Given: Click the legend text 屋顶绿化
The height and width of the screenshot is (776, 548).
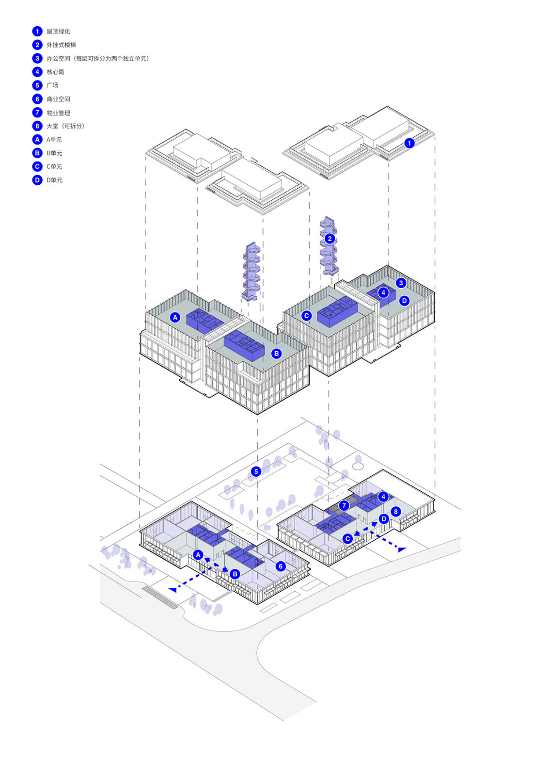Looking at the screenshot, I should [x=58, y=32].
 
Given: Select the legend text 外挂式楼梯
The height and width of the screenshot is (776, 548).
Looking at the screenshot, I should [x=61, y=45].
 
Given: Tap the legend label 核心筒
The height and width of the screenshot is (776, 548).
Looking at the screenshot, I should [x=55, y=72].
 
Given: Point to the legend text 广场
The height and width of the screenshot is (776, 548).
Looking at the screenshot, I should [x=52, y=85].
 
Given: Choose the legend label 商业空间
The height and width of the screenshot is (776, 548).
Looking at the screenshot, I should [x=58, y=99].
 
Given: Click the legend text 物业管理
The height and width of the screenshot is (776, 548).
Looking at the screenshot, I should [x=58, y=113].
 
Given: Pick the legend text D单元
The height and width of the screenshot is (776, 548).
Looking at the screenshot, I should [x=54, y=180].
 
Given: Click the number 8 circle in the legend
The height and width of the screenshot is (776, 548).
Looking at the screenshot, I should [x=37, y=126].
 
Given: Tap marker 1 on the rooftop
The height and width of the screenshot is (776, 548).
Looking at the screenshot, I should [x=409, y=143].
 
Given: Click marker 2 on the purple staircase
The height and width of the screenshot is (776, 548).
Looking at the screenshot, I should [x=329, y=239].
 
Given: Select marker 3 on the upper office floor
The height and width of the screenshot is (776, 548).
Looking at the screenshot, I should [x=401, y=283].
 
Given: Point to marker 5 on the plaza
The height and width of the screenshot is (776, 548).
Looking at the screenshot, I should [x=256, y=471].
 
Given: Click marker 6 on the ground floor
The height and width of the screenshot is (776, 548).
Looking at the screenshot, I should [x=280, y=566].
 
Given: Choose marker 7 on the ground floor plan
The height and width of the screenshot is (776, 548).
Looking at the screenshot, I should [x=344, y=505].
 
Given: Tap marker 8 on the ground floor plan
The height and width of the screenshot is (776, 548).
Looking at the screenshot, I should [x=395, y=512].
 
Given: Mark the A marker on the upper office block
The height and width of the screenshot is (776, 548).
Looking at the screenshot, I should [x=175, y=317].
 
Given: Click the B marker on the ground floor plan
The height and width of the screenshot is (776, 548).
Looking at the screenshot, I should [x=235, y=574].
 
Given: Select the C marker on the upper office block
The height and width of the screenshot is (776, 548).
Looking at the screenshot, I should [x=306, y=316].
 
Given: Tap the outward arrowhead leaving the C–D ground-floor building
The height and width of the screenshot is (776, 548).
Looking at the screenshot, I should [x=402, y=550].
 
